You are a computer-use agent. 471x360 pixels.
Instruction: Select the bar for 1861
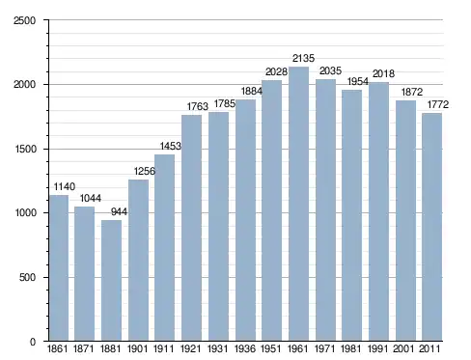click(x=59, y=267)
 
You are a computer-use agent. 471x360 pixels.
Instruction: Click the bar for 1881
click(x=111, y=280)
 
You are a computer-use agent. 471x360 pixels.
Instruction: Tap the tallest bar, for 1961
click(x=298, y=204)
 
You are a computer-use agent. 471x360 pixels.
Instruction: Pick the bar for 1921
click(x=191, y=228)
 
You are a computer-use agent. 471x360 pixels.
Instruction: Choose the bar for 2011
click(x=432, y=227)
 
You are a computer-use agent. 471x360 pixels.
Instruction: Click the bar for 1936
click(x=245, y=220)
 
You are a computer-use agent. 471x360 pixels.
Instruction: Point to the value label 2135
click(x=303, y=58)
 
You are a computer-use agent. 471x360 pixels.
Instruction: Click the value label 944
click(x=119, y=211)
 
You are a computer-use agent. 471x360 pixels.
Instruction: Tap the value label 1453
click(x=171, y=146)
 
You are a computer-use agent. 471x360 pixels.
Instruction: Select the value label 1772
click(x=438, y=104)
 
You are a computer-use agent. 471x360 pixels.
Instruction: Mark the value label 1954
click(x=358, y=81)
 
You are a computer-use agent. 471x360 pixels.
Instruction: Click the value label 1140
click(x=65, y=186)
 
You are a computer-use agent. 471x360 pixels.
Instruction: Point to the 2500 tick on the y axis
click(x=24, y=20)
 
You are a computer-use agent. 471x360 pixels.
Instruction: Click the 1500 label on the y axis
click(x=25, y=150)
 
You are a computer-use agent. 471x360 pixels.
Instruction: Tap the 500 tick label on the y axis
click(x=27, y=277)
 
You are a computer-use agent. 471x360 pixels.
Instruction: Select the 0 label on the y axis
click(x=33, y=342)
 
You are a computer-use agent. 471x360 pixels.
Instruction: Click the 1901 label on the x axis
click(x=137, y=348)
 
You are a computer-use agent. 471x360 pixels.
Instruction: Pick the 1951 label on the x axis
click(x=271, y=348)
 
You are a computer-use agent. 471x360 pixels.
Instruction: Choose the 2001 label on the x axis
click(x=403, y=348)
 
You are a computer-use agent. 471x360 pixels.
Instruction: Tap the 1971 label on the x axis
click(x=324, y=348)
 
